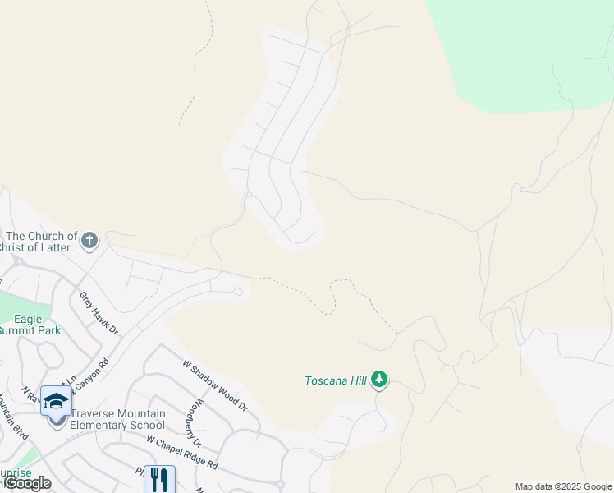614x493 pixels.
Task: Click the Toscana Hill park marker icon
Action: point(378,380)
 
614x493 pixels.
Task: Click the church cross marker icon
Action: point(89,240)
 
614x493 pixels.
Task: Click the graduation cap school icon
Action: point(56,401)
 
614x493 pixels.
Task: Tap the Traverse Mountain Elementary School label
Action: point(117,419)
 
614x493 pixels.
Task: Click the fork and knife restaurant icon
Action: point(159,480)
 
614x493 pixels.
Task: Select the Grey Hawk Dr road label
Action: point(99,313)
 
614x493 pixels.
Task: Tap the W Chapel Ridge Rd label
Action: point(181,453)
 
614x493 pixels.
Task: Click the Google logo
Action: point(27,483)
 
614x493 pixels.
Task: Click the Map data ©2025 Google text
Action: point(563,486)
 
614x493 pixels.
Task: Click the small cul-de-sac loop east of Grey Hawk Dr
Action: point(237,290)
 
